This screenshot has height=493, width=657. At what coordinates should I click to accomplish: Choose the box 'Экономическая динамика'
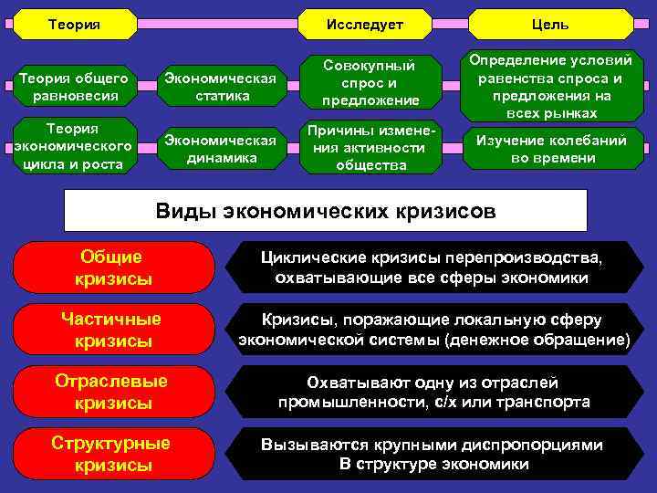click(x=218, y=148)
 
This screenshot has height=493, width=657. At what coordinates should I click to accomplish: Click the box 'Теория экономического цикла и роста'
click(x=73, y=144)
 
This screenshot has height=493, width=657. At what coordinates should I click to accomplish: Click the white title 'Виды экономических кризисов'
click(x=326, y=212)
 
